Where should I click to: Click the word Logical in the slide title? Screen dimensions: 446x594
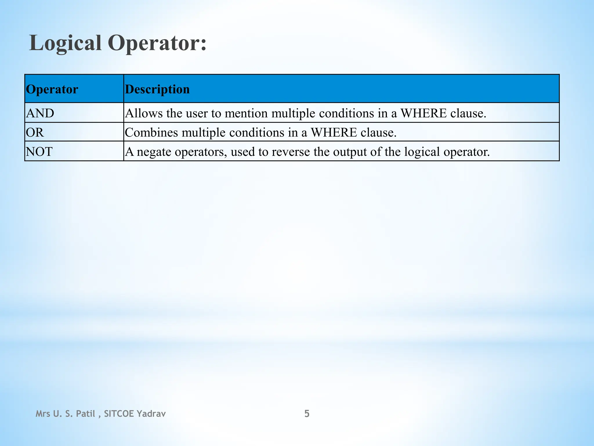point(65,43)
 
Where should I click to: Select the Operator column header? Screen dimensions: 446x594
point(52,89)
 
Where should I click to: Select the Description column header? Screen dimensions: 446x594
point(157,89)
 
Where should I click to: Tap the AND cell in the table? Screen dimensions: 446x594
point(40,113)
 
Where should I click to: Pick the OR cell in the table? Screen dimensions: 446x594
point(35,132)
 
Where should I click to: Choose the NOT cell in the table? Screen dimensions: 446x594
point(39,152)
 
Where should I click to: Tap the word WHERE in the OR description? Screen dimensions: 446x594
point(334,132)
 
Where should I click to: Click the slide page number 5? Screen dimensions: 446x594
point(307,413)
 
